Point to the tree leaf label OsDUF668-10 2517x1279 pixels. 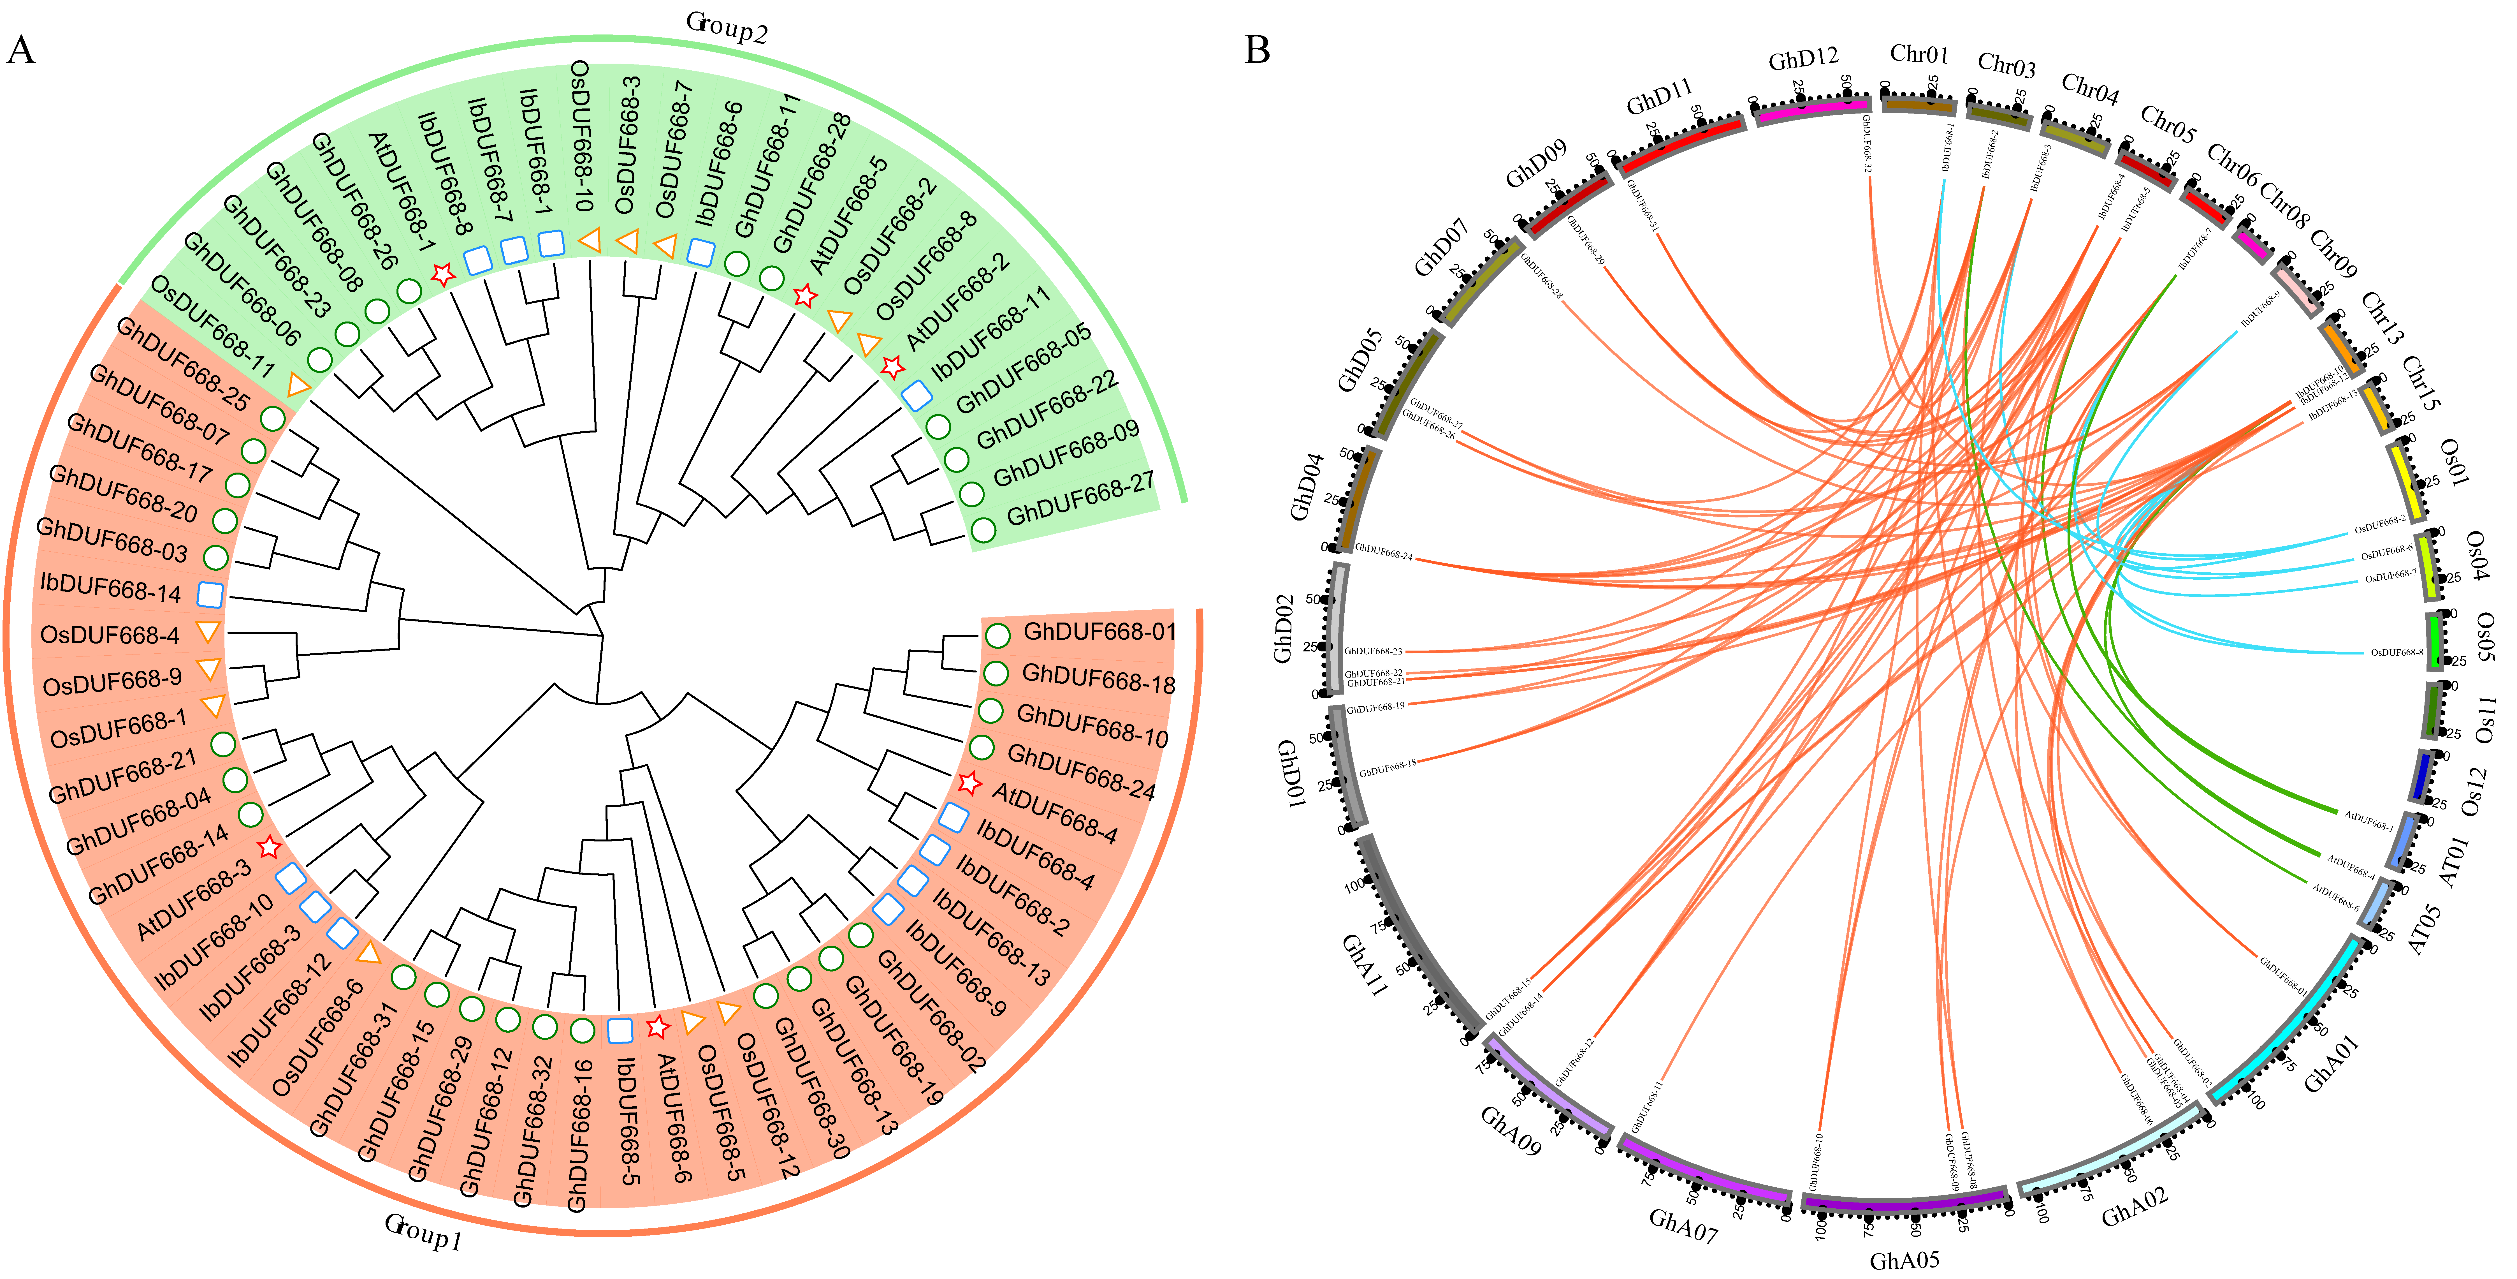pos(581,137)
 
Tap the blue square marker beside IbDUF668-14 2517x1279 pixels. pos(210,594)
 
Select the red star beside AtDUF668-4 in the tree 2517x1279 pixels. pos(968,783)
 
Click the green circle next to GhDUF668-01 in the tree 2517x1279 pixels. pos(997,635)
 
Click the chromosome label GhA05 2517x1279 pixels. pos(1903,1261)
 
